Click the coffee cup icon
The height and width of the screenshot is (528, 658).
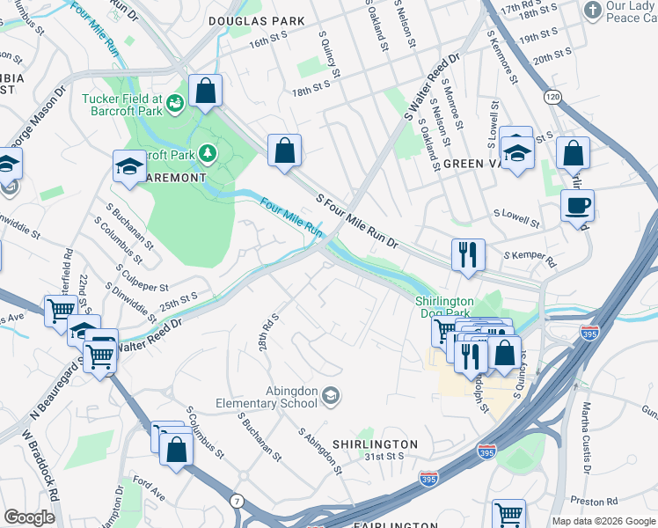pos(577,207)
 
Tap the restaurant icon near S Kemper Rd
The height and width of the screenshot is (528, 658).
pos(468,255)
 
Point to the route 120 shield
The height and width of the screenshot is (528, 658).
pos(552,95)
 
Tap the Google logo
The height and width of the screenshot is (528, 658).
pos(29,517)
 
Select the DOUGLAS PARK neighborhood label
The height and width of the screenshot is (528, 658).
pos(256,20)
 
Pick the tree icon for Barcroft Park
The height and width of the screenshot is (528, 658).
pos(208,154)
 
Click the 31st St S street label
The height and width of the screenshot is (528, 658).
pos(384,456)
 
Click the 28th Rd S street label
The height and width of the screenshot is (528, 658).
pos(269,332)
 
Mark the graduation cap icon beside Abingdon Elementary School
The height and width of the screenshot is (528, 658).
pos(331,396)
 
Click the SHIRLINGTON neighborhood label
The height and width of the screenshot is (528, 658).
pos(375,444)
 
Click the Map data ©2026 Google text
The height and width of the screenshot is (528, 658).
pos(603,521)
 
